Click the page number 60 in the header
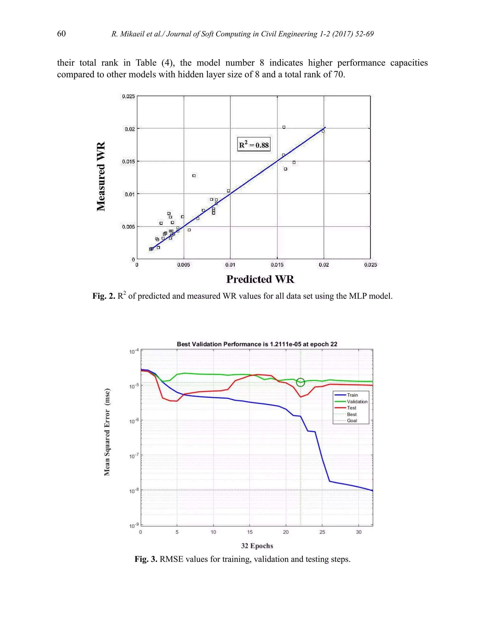click(x=61, y=34)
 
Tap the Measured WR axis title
click(x=101, y=176)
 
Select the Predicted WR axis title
click(x=260, y=279)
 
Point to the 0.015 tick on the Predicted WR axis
click(x=277, y=265)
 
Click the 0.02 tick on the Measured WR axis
click(x=130, y=129)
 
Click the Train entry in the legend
click(x=352, y=395)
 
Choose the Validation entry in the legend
click(x=357, y=402)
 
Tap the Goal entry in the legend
click(x=352, y=421)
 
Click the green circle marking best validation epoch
click(x=300, y=382)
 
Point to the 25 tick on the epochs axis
click(x=322, y=532)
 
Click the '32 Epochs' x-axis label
click(x=257, y=546)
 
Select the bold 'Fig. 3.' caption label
click(x=146, y=559)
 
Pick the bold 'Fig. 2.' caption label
click(x=104, y=296)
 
